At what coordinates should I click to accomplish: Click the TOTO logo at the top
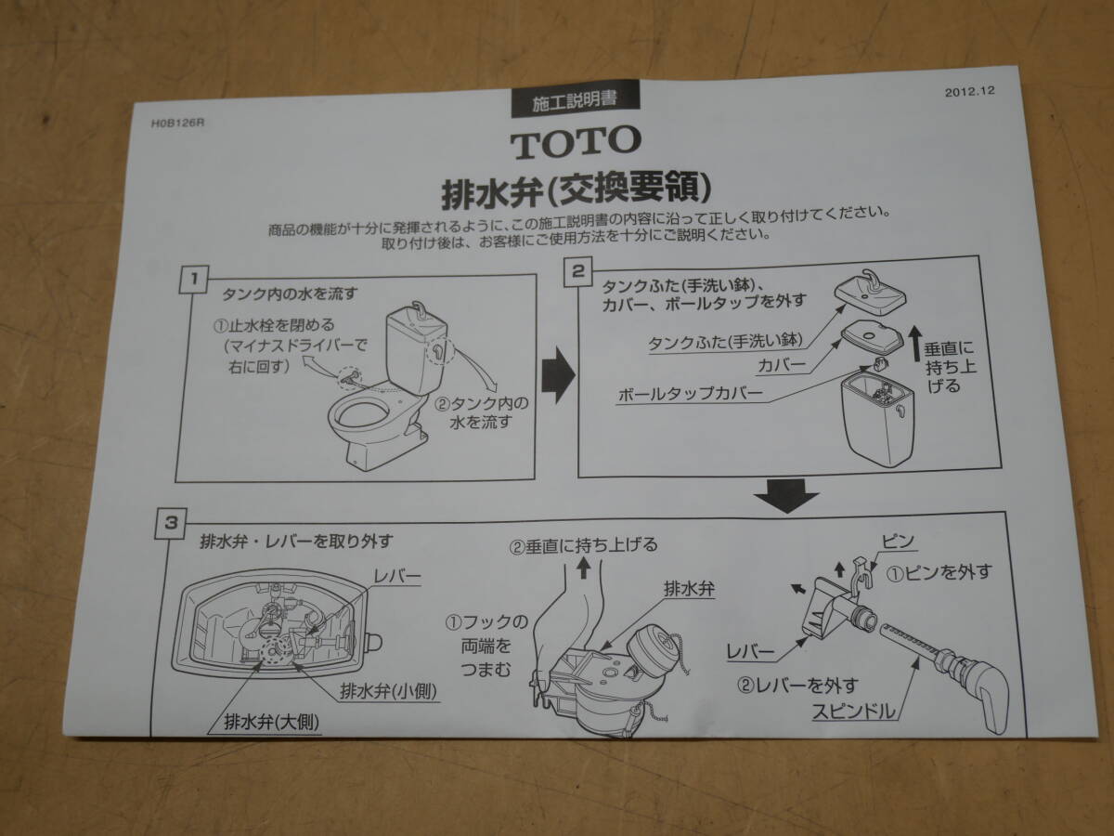coord(575,141)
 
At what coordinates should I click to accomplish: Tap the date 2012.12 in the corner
coord(970,92)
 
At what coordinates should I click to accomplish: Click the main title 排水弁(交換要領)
coord(576,190)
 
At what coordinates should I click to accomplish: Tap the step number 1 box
coord(192,278)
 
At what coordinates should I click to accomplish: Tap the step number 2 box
coord(577,271)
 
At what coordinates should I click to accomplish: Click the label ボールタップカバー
coord(691,395)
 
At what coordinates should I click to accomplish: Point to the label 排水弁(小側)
coord(389,690)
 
